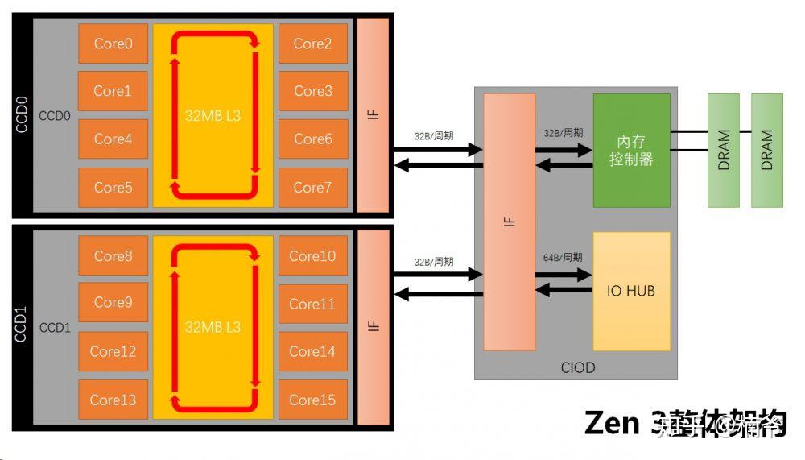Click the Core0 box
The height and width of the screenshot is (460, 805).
(113, 44)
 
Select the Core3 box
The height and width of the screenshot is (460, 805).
(312, 91)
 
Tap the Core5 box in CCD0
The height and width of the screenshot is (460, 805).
(113, 187)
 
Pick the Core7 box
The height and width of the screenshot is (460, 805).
(312, 187)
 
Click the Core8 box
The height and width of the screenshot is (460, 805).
(113, 256)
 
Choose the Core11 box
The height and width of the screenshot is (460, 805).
(312, 304)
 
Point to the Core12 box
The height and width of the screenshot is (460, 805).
(113, 351)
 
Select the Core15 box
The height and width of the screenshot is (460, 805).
(312, 400)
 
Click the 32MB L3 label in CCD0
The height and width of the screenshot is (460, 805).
(213, 116)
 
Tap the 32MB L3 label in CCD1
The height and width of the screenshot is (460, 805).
(213, 327)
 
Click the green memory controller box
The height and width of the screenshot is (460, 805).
(631, 150)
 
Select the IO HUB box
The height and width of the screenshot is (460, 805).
(631, 291)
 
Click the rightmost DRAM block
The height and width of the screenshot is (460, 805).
(766, 150)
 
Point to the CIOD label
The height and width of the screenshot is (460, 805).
(578, 367)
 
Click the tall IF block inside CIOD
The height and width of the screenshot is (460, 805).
(510, 222)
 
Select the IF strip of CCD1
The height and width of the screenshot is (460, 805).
(373, 326)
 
